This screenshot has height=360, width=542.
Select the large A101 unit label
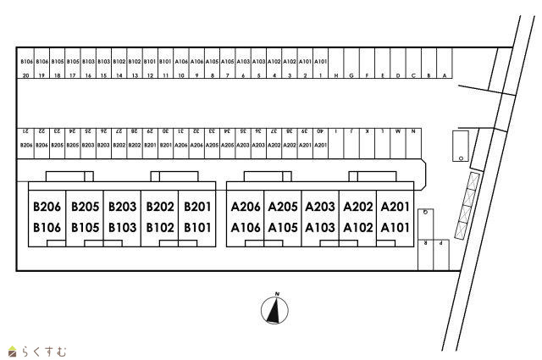(x=395, y=227)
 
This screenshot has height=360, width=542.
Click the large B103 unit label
(x=122, y=227)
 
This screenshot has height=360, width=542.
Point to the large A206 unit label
(x=245, y=207)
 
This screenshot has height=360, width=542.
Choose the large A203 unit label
(x=319, y=207)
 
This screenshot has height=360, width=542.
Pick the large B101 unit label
(x=196, y=227)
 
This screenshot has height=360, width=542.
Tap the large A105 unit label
(x=282, y=227)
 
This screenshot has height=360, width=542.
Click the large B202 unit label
(x=159, y=207)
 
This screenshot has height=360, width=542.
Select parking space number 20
(x=26, y=75)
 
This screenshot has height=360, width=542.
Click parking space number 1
(x=321, y=75)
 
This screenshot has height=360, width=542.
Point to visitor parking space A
(x=444, y=75)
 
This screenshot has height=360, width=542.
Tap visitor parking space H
(x=336, y=75)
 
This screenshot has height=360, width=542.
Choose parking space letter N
(x=412, y=131)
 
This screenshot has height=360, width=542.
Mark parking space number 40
(x=320, y=131)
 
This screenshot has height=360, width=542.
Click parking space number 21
(x=26, y=131)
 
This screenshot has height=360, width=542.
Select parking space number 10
(x=181, y=75)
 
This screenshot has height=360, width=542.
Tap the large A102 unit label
(x=357, y=227)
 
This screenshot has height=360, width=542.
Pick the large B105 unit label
(x=85, y=227)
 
